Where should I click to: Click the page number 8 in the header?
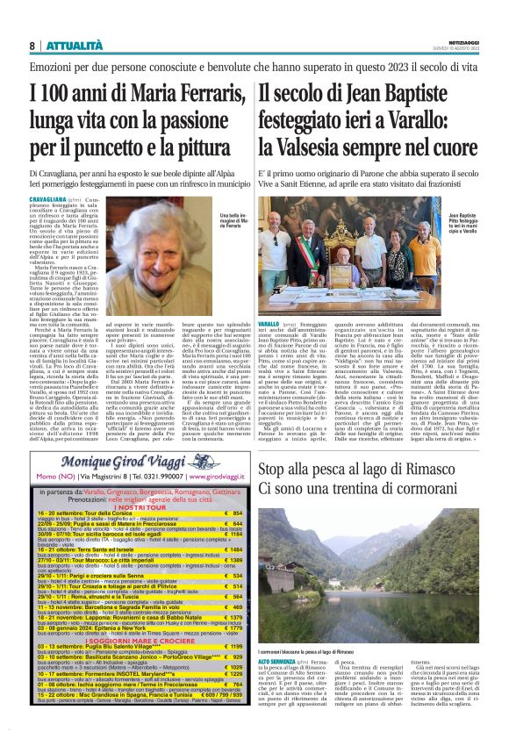click(x=32, y=45)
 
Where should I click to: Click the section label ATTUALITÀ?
click(x=68, y=45)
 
